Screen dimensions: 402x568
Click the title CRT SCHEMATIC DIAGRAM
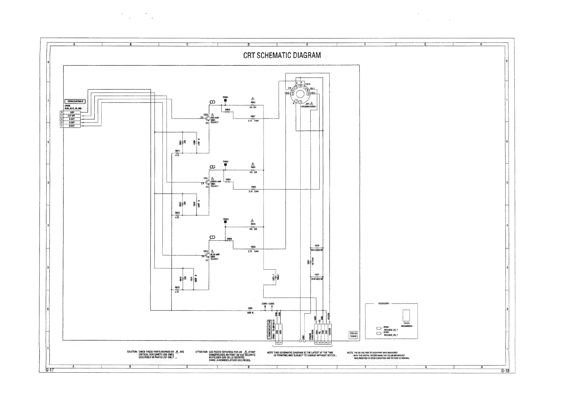tap(282, 55)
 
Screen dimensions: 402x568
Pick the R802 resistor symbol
tap(253, 105)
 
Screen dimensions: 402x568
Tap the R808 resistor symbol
tap(253, 189)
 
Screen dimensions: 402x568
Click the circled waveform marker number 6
tap(212, 167)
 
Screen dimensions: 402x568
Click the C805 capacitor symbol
tap(250, 311)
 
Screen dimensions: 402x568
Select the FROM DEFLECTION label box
tap(269, 329)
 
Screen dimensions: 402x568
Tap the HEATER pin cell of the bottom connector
tap(330, 332)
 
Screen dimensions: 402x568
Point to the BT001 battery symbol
tap(378, 328)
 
